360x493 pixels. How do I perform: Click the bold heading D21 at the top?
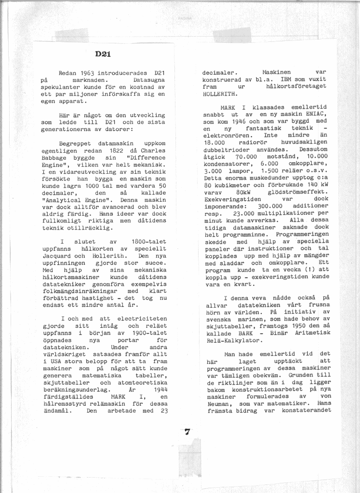pyautogui.click(x=103, y=54)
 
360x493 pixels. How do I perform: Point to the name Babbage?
pyautogui.click(x=55, y=157)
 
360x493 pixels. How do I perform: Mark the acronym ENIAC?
pyautogui.click(x=316, y=114)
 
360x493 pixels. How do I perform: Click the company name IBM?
pyautogui.click(x=286, y=79)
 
